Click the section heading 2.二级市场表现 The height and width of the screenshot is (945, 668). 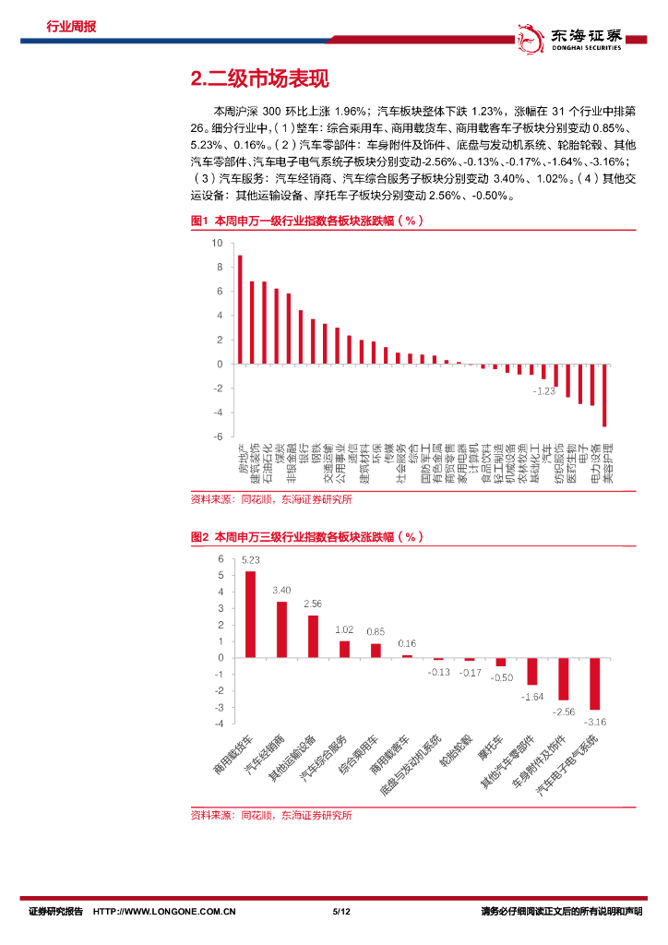(258, 79)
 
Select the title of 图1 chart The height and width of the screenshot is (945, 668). (306, 221)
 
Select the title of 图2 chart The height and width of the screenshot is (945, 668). (306, 537)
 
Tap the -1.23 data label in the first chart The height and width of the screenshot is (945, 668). (543, 391)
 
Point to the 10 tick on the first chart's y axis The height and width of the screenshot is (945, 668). (219, 244)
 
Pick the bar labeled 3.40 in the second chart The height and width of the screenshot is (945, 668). (281, 629)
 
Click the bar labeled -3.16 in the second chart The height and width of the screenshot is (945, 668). (595, 683)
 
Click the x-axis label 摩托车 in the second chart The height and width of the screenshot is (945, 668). (491, 748)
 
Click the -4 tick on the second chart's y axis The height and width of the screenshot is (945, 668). (219, 724)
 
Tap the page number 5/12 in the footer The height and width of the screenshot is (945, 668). (341, 912)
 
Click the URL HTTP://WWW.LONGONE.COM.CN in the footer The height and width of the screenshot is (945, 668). (166, 912)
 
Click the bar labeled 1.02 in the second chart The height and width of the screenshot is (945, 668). (344, 649)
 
